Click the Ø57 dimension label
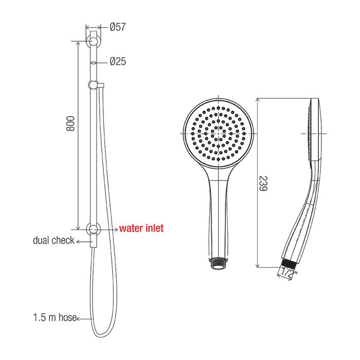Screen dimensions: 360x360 coord(118,27)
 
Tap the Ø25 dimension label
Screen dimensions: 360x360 coord(118,61)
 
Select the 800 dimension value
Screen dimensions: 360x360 coord(70,123)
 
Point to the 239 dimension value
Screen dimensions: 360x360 coord(263,183)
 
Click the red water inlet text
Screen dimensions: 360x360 coord(141,228)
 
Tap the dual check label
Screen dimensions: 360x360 coord(53,240)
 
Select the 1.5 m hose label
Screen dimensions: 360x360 coord(55,317)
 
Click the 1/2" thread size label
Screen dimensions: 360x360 coord(290,273)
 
